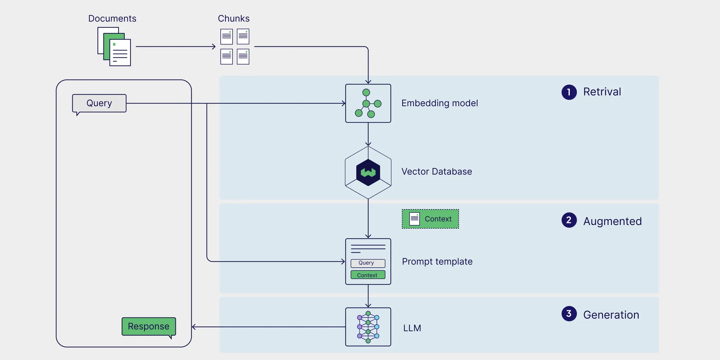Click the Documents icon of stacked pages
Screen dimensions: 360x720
pos(114,47)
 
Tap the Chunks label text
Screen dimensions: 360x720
pos(233,19)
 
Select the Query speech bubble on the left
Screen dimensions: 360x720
pos(99,103)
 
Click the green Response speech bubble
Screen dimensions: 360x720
pos(149,327)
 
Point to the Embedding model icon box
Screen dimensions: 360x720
pos(368,103)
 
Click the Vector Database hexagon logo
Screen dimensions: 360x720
pos(368,173)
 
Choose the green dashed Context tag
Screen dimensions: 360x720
pos(430,219)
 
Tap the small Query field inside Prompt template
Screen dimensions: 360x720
pos(368,263)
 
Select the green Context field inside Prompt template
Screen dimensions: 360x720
pos(368,275)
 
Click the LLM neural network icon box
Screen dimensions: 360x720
pos(368,327)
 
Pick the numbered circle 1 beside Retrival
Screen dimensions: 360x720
pos(569,92)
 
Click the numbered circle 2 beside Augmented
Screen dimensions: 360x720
pos(569,220)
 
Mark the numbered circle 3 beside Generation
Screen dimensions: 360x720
pos(569,314)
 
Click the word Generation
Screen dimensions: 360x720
pos(611,315)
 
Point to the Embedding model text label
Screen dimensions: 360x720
pos(439,103)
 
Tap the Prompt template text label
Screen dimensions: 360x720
pos(437,262)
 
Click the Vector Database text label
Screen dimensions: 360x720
pos(437,172)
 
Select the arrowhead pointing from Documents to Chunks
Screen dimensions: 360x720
pos(214,46)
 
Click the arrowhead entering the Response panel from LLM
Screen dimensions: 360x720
pos(194,327)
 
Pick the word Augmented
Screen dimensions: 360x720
pos(612,221)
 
